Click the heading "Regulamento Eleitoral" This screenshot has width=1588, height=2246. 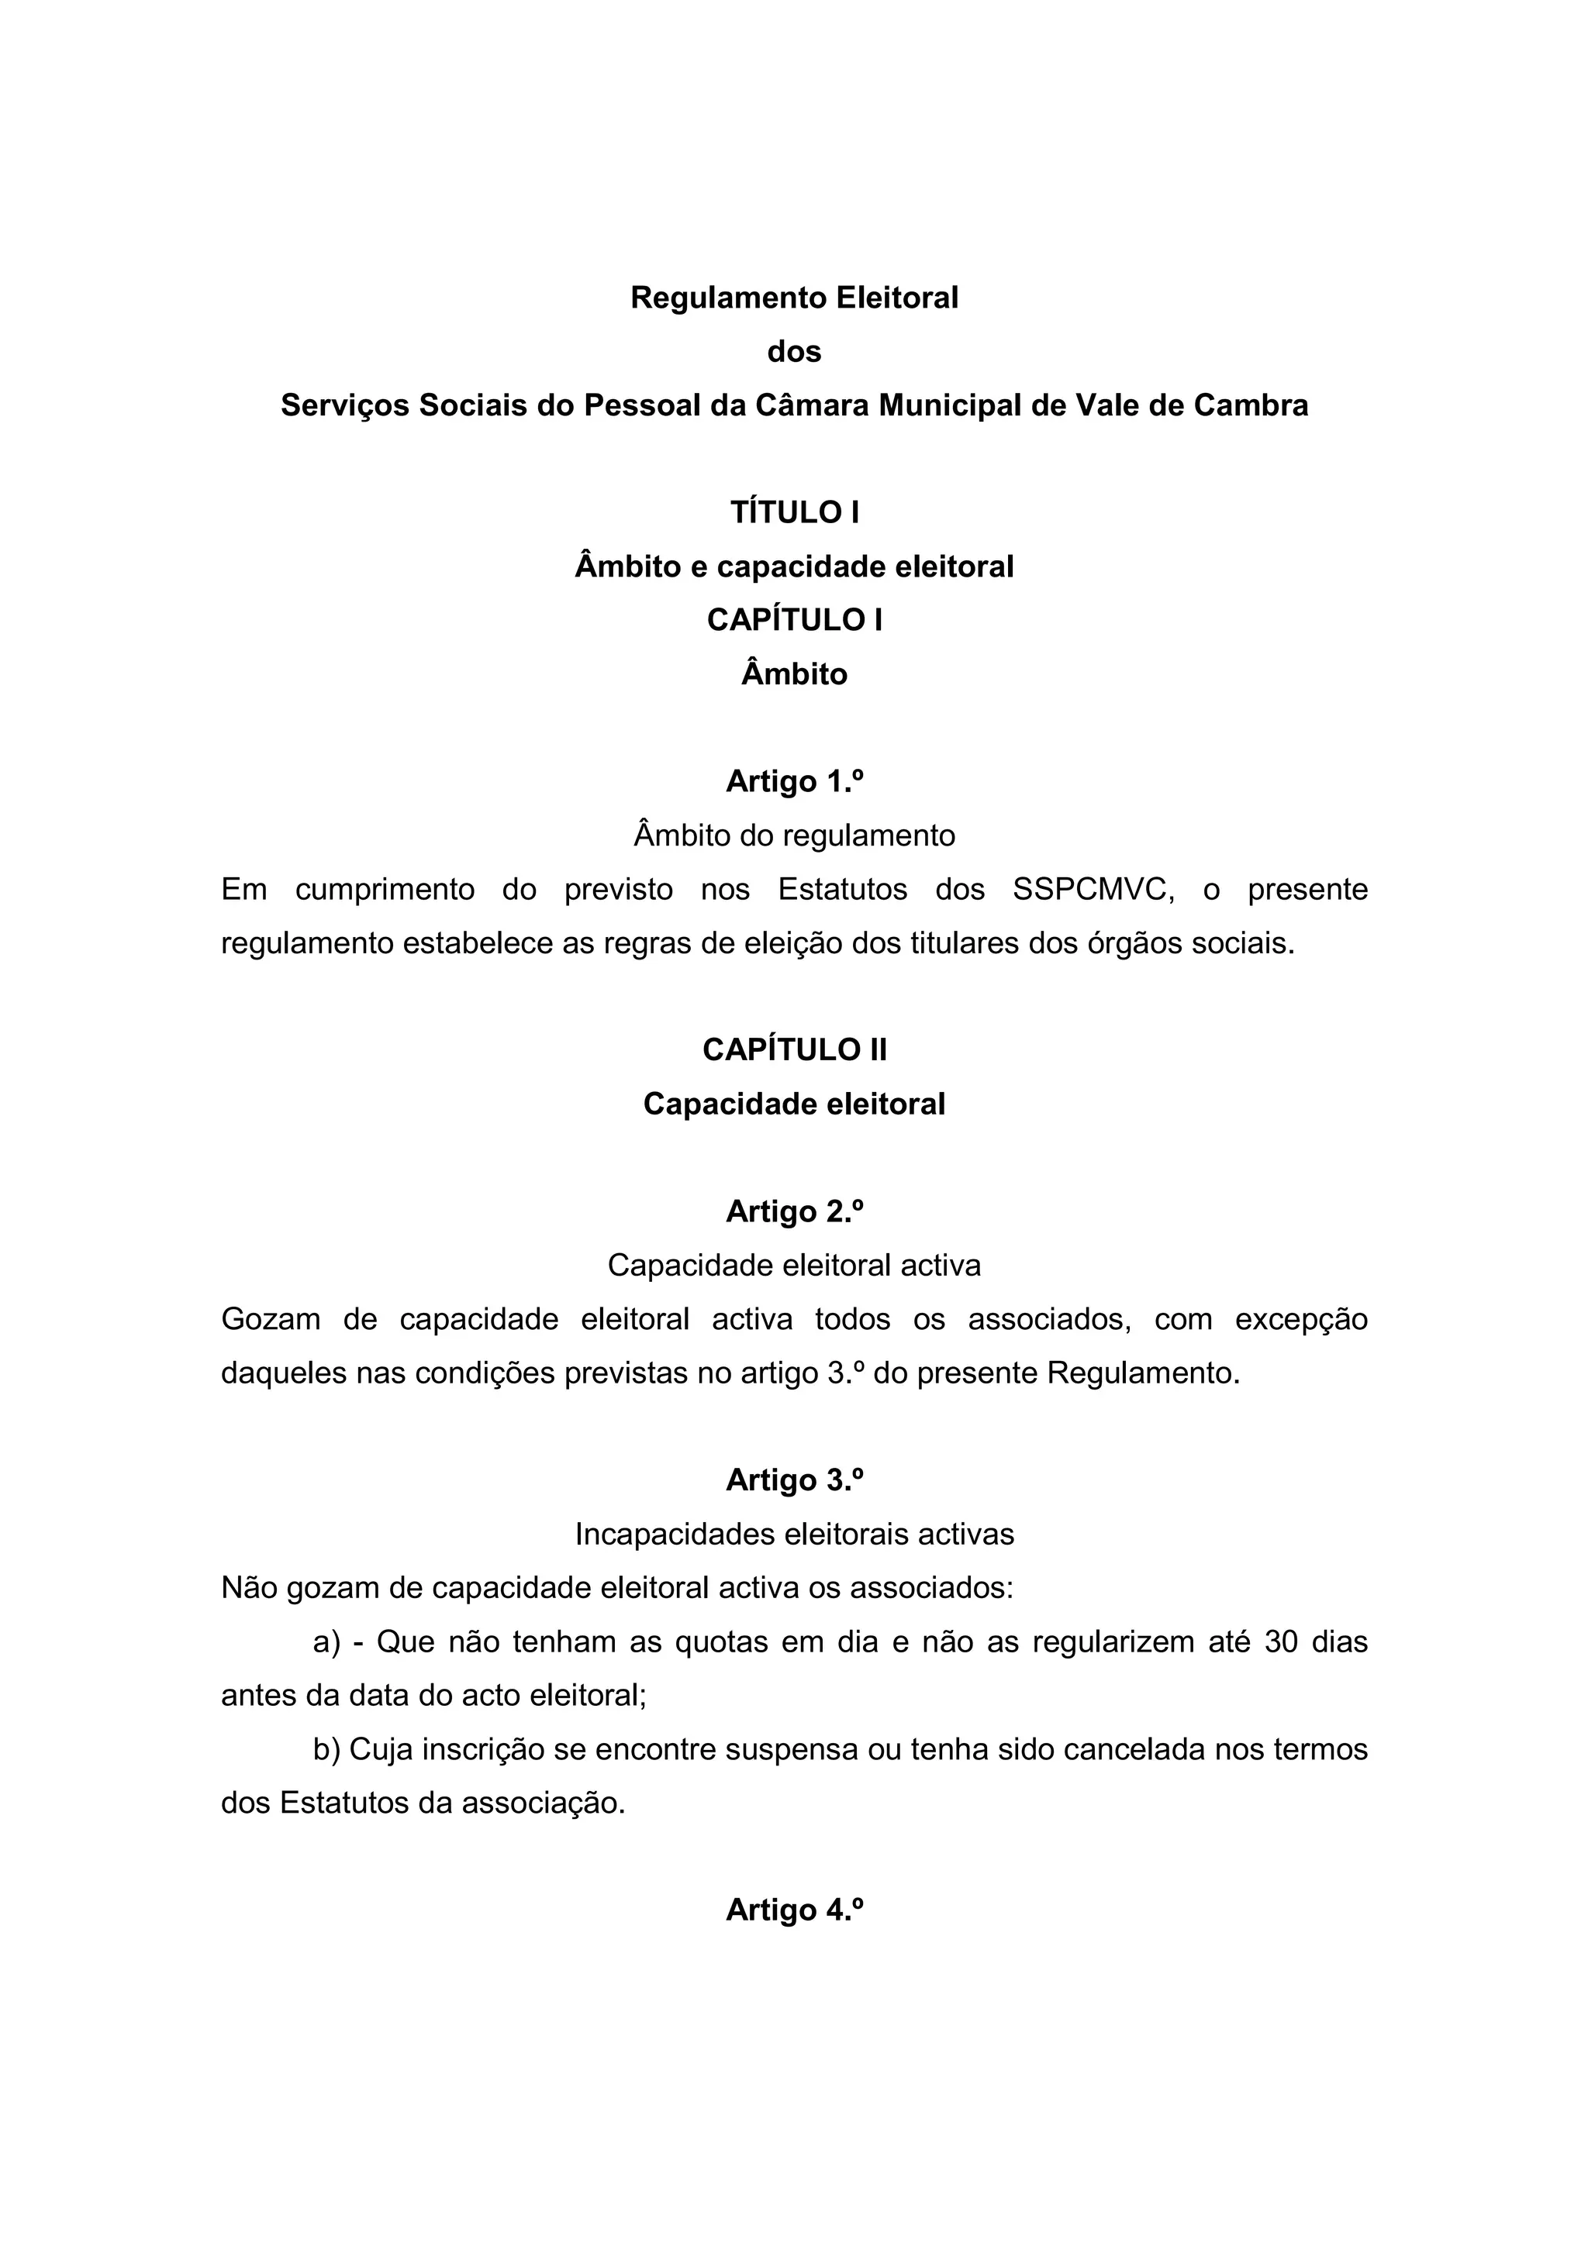click(x=793, y=298)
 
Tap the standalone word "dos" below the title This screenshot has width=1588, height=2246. click(x=793, y=351)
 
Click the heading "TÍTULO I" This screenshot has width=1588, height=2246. click(x=793, y=512)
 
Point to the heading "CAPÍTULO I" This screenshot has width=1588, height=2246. click(x=793, y=620)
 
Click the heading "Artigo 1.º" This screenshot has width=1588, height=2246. click(x=793, y=781)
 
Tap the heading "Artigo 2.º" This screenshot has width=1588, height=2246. click(x=793, y=1212)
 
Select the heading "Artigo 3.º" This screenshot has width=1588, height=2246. click(x=793, y=1481)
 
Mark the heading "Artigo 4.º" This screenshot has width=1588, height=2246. click(x=793, y=1910)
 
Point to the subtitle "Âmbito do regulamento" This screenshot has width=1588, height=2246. click(x=793, y=835)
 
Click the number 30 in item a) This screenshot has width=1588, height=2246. click(x=1281, y=1642)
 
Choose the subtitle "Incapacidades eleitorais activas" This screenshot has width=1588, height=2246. click(x=793, y=1535)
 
